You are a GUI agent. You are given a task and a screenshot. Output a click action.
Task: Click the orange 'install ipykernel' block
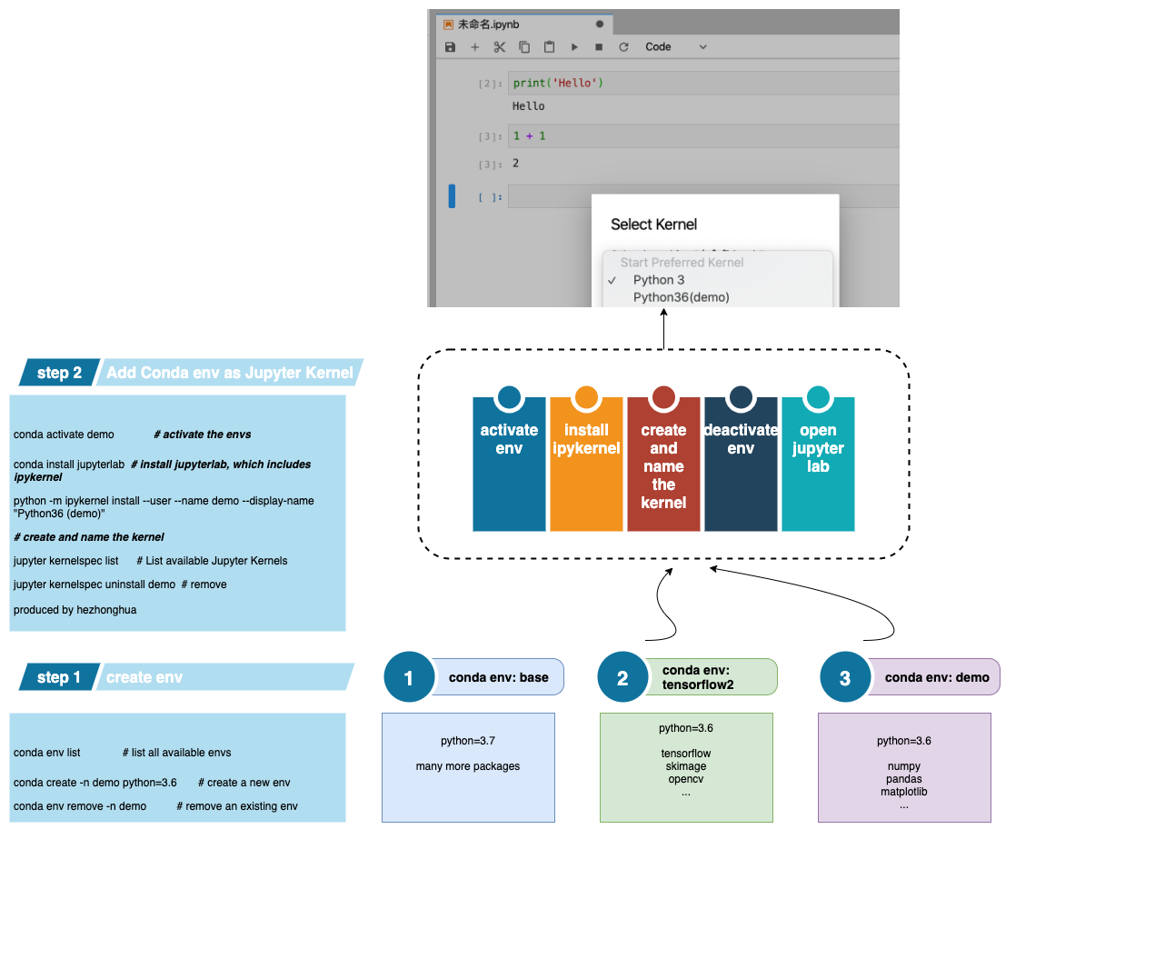tap(586, 464)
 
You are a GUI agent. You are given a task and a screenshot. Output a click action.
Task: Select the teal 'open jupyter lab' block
tap(818, 464)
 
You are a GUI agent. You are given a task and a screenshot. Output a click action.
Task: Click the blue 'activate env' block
tap(509, 464)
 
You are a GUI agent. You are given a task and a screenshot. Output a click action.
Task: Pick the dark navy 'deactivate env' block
tap(741, 464)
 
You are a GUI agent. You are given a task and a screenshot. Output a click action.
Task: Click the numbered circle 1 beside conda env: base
tap(409, 677)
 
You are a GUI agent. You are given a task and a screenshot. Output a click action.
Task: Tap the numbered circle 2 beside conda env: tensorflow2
tap(622, 677)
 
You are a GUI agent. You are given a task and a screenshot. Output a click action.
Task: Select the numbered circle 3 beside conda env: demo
tap(845, 677)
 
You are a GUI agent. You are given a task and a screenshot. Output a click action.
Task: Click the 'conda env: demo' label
tap(937, 677)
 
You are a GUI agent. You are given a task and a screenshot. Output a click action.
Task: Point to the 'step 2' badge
tap(59, 373)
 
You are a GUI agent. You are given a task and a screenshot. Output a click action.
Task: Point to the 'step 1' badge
tap(59, 677)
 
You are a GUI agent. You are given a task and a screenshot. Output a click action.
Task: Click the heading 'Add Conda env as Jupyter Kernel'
tap(230, 373)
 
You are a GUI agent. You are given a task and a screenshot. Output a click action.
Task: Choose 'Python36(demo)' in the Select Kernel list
tap(681, 297)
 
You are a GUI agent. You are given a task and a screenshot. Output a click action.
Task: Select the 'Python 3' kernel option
tap(659, 280)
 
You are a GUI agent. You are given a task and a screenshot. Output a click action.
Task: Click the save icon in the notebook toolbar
tap(450, 47)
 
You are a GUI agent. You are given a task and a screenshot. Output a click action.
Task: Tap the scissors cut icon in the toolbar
tap(500, 47)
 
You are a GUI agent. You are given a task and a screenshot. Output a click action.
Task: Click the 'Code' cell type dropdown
tap(675, 47)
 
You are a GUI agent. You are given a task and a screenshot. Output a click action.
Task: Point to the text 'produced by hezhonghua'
tap(75, 610)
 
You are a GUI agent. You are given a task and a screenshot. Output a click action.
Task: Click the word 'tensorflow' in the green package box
tap(686, 754)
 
